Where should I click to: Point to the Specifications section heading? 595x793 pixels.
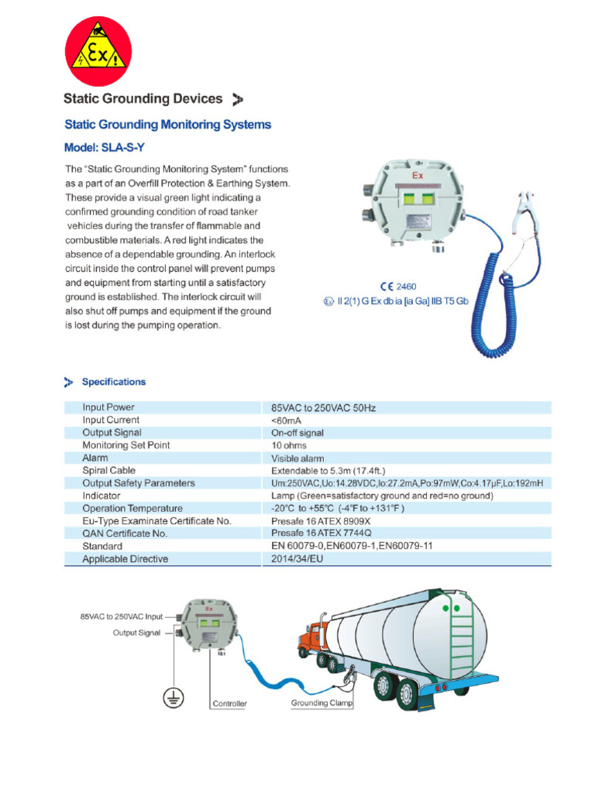113,382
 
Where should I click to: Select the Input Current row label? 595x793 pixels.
111,420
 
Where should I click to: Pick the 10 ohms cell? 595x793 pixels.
288,445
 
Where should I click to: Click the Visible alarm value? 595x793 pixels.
297,458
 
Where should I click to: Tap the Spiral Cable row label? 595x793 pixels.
108,470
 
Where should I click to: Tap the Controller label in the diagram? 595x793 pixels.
229,704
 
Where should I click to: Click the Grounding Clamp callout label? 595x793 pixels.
322,703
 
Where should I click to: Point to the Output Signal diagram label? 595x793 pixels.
136,633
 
